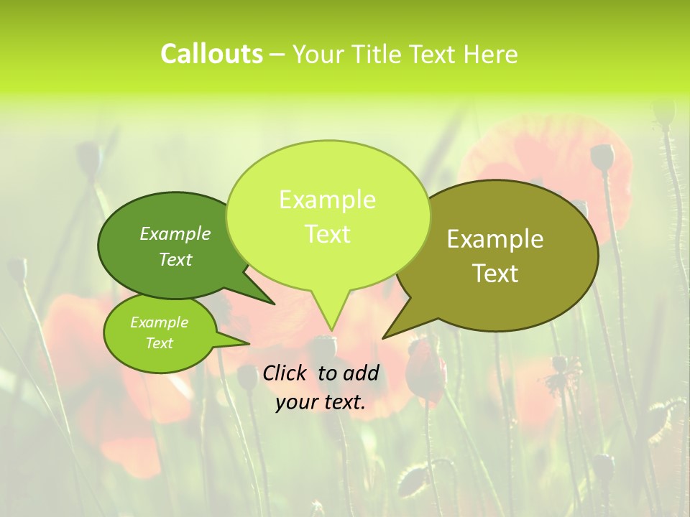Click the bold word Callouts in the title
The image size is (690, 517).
point(211,54)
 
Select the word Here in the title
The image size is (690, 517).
point(491,54)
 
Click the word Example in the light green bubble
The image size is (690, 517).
point(327,200)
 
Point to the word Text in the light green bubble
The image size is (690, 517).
point(327,234)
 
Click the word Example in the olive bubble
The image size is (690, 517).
point(495,239)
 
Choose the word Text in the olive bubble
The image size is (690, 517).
point(495,274)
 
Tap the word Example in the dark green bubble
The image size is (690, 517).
point(175,233)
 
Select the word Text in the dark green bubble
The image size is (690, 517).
point(175,259)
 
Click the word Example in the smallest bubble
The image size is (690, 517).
point(159,322)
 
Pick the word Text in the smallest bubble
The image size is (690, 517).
point(159,343)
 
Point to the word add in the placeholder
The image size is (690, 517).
point(361,373)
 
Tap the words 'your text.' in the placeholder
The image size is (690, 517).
point(321,403)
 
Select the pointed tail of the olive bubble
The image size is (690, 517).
point(385,337)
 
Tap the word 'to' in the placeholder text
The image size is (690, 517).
point(327,373)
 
